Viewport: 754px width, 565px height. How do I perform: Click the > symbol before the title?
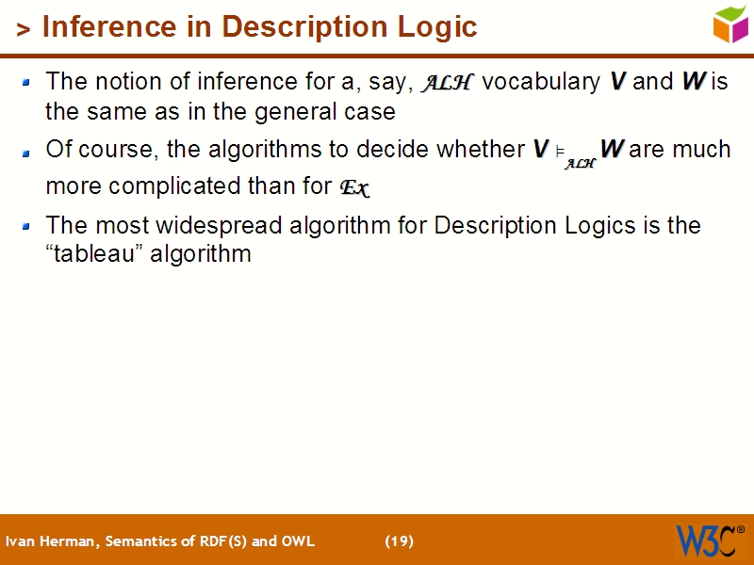pos(25,29)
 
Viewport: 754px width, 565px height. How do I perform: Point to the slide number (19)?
pos(399,541)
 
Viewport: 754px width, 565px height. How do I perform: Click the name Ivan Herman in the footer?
pos(52,541)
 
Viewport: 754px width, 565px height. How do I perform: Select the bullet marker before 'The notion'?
pos(27,83)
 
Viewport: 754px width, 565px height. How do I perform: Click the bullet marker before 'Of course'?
pos(27,151)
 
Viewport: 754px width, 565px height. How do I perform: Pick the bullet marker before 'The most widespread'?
pos(27,227)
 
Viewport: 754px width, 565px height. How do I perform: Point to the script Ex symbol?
pos(353,188)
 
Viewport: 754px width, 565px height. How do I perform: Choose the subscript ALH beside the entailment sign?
pos(581,163)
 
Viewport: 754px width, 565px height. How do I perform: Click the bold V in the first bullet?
pos(618,82)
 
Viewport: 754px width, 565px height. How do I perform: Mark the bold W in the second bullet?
pos(612,149)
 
